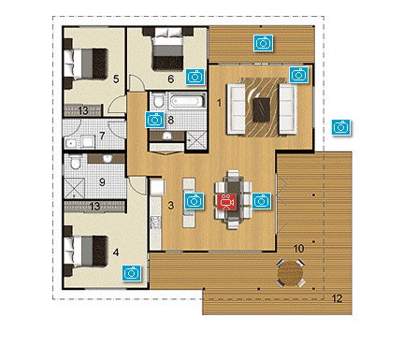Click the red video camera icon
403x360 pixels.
coord(225,199)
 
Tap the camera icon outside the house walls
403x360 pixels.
coord(342,125)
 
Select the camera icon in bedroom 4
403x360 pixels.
coord(133,272)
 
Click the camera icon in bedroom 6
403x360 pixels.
coord(194,76)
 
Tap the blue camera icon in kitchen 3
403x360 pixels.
coord(194,200)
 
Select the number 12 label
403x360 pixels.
coord(337,298)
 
